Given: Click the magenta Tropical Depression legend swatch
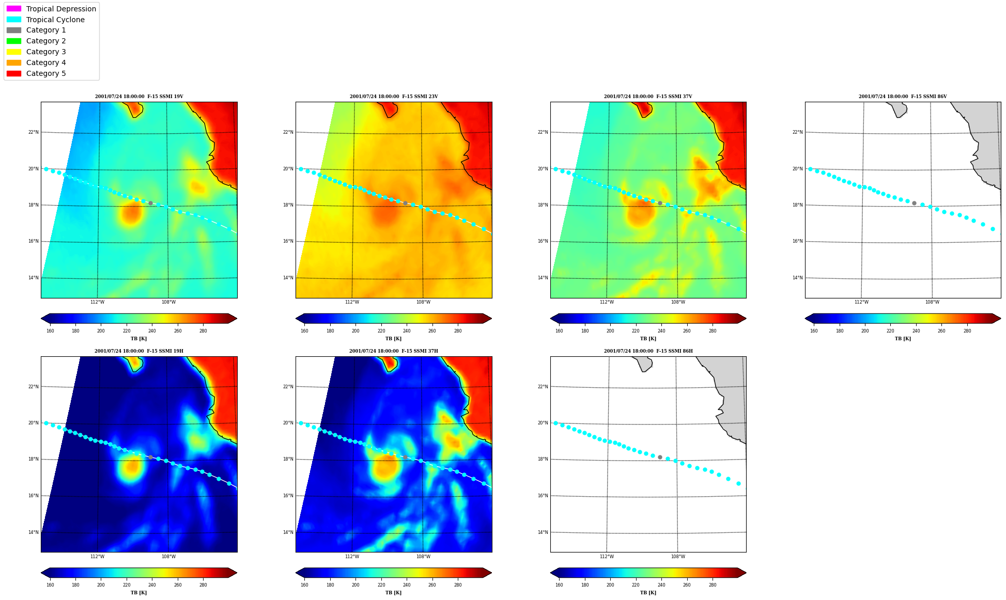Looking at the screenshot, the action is click(14, 9).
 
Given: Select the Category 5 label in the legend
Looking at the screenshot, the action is click(46, 73).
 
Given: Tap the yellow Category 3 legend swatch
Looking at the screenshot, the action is click(14, 52).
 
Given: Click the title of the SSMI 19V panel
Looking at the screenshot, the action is click(139, 97).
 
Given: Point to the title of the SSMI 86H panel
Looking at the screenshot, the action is click(648, 351).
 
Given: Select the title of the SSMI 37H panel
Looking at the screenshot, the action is click(393, 351).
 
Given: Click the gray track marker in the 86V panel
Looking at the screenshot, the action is click(914, 203).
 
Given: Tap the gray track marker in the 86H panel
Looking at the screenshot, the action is click(660, 457).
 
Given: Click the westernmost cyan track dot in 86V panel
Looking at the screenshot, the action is click(810, 169).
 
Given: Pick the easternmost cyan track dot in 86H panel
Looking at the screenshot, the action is click(738, 483).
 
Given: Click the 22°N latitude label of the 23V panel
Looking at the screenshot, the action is click(288, 132).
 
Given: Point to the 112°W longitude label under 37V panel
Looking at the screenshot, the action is click(607, 302).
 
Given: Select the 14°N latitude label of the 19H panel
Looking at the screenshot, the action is click(33, 532).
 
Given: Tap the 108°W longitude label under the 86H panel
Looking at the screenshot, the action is click(678, 557).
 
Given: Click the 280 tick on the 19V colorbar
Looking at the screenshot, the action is click(203, 331).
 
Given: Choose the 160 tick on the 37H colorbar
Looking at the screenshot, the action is click(304, 585).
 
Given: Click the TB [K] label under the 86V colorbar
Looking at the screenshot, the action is click(903, 339).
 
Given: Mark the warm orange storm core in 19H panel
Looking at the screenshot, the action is click(132, 466).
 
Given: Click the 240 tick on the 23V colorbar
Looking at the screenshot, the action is click(407, 331).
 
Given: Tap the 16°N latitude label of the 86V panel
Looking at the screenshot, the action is click(797, 241).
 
